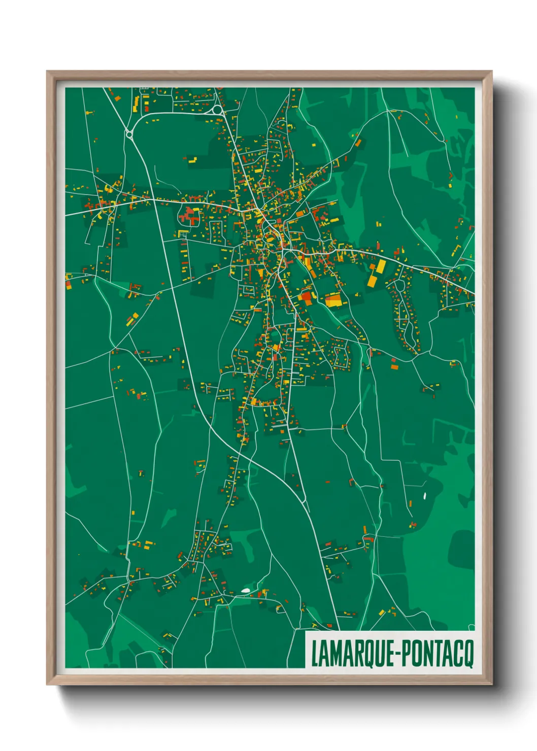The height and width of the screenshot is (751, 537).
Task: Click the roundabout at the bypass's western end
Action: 129,134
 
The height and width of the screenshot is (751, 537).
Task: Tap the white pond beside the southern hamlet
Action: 246,591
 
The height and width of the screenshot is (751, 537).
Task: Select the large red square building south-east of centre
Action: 307,297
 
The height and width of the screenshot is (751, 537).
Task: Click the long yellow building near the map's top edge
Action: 136,104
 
